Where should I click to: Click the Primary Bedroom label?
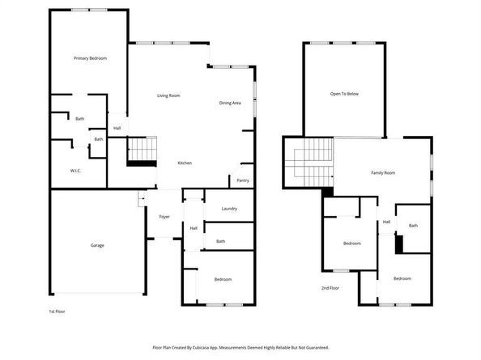[90, 58]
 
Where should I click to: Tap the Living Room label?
[168, 95]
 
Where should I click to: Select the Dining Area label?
[230, 103]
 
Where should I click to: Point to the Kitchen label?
[185, 163]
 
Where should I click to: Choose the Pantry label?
[243, 180]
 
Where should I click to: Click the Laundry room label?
[229, 209]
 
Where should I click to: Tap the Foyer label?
[164, 216]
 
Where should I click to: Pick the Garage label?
[97, 245]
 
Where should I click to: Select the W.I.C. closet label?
[75, 171]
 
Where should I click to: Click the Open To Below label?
[343, 94]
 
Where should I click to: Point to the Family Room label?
[383, 173]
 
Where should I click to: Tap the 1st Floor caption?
[57, 311]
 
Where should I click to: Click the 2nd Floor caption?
[330, 288]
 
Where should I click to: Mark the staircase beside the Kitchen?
[142, 151]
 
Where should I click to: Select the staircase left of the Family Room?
[309, 162]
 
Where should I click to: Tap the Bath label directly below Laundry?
[220, 241]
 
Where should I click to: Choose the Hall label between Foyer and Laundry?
[194, 228]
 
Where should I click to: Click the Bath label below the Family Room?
[413, 226]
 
